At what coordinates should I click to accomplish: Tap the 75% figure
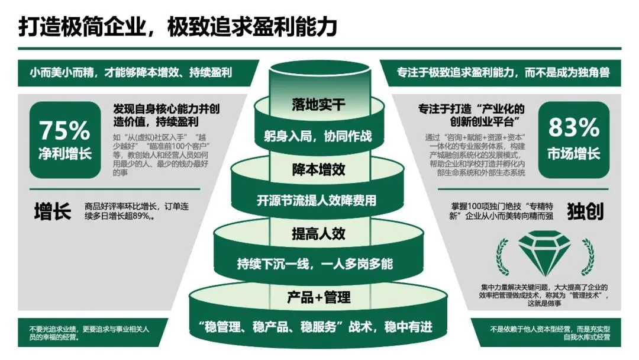coord(65,129)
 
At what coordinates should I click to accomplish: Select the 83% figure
coord(573,127)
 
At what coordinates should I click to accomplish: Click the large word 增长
coord(53,211)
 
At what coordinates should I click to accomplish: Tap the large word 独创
coord(585,211)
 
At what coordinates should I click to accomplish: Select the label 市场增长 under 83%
coord(573,154)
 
